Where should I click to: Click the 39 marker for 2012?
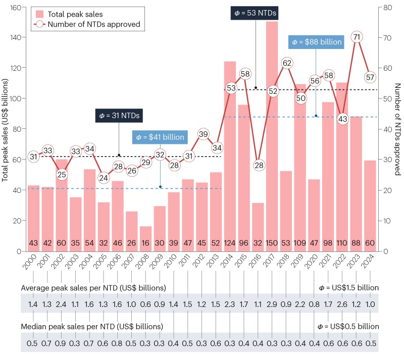tap(203, 134)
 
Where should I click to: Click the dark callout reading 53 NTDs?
tap(256, 13)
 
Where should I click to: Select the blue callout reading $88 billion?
tap(316, 42)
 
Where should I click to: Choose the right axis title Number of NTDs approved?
tap(397, 130)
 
